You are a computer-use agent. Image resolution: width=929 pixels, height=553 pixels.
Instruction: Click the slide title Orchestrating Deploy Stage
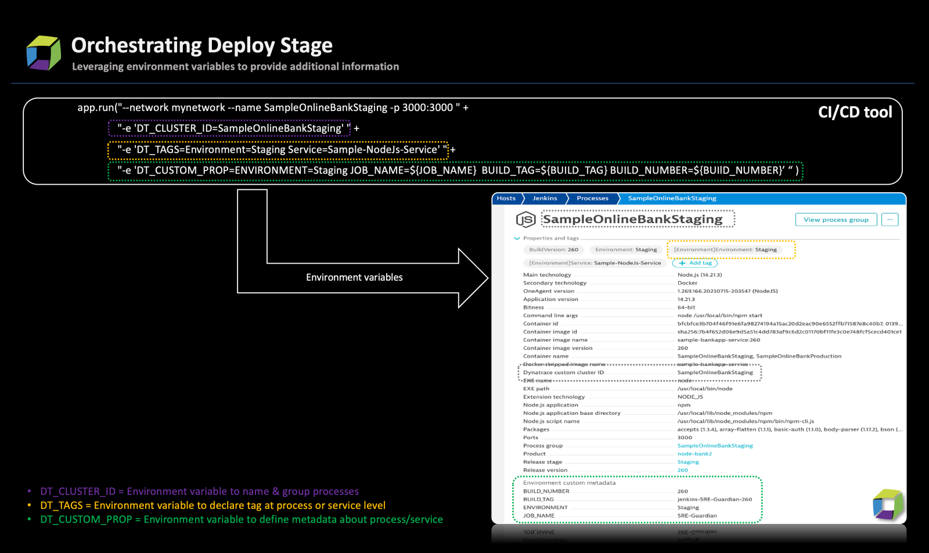tap(201, 45)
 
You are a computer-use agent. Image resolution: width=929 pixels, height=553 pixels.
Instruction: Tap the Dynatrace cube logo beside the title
tap(44, 53)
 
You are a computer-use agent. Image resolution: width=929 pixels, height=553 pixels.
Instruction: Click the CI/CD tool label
tap(854, 112)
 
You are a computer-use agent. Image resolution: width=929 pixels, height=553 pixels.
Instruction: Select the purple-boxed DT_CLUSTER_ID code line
tap(229, 128)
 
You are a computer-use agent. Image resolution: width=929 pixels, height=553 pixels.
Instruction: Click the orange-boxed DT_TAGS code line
tap(278, 150)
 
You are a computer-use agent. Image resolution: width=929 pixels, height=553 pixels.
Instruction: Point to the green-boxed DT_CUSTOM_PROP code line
tap(455, 171)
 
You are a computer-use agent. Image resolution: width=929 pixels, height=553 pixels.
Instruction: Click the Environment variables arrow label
tap(354, 278)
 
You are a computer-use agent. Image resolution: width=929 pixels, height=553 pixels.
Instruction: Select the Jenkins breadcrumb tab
tap(545, 199)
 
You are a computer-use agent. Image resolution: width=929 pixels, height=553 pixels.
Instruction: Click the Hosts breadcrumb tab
tap(506, 199)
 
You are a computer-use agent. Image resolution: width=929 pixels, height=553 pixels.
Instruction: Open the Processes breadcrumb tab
tap(592, 199)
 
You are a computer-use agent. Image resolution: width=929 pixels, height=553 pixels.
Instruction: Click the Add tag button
tap(695, 263)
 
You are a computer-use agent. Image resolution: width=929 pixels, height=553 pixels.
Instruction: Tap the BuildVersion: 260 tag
tap(553, 250)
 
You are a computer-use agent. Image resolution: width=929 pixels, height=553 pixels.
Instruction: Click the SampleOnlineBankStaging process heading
tap(632, 219)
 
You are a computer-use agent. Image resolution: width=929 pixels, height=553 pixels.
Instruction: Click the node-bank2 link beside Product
tap(694, 454)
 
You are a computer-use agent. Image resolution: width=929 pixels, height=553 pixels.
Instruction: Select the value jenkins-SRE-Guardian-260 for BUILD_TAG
tap(714, 500)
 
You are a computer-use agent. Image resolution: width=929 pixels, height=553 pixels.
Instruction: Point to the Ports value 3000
tap(685, 438)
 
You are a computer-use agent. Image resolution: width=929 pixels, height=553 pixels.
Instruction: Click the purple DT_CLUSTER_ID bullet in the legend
tap(199, 491)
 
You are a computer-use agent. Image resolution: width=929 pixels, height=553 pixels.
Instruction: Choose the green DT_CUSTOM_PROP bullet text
tap(241, 519)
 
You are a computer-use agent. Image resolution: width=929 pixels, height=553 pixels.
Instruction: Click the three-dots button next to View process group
tap(890, 220)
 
